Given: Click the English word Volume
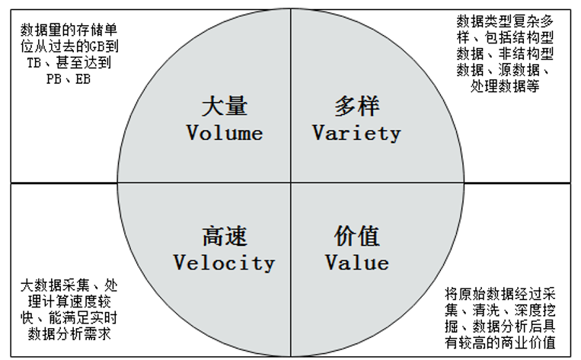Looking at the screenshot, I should click(x=225, y=133).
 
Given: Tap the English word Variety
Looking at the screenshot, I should click(x=356, y=133).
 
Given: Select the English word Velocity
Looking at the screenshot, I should click(x=224, y=263).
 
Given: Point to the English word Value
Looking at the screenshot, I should click(x=357, y=263).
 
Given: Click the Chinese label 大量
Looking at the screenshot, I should click(x=225, y=106).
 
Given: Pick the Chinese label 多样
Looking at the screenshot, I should click(x=356, y=106).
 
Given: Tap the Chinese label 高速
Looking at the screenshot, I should click(x=225, y=236).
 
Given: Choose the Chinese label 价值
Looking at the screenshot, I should click(x=357, y=236).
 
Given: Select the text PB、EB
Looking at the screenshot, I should click(x=68, y=78).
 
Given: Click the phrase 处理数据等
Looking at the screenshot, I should click(x=506, y=88).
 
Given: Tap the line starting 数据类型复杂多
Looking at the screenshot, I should click(x=505, y=21).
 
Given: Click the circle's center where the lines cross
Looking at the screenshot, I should click(x=291, y=183).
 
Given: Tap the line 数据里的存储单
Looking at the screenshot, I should click(x=69, y=31).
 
